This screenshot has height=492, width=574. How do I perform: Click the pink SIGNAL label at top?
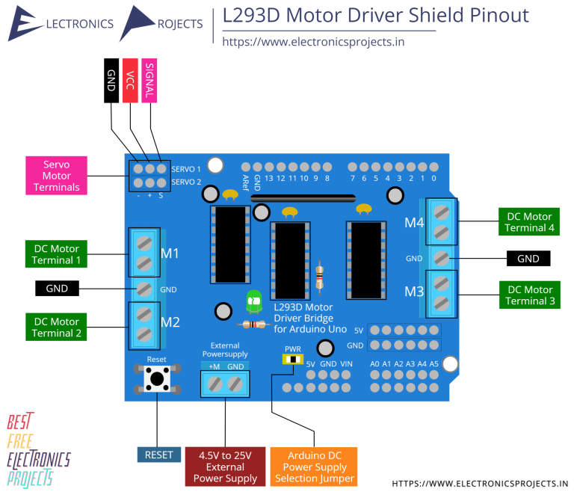149,80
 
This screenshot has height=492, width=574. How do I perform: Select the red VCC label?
130,80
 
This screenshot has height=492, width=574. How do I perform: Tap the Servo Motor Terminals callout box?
56,175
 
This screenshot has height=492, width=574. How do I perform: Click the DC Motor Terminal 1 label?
56,254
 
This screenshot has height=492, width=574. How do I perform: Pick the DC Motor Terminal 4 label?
529,222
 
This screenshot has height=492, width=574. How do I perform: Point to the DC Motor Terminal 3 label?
529,295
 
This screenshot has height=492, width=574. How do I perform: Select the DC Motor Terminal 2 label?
56,327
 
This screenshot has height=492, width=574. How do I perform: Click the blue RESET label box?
158,455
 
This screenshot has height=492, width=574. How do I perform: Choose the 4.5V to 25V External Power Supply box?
225,467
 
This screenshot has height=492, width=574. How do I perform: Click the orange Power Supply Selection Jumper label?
313,467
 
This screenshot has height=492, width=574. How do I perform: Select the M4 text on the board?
415,222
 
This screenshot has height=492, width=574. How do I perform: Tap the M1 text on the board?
170,253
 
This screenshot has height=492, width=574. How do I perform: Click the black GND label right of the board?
528,259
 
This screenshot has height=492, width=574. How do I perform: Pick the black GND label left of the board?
57,289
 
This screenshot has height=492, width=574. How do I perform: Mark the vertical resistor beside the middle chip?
320,276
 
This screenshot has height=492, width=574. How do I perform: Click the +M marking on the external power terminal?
215,366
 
